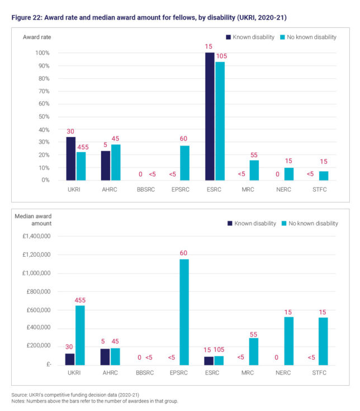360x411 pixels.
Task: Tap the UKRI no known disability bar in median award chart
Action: click(x=80, y=335)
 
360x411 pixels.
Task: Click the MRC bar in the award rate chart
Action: click(x=254, y=170)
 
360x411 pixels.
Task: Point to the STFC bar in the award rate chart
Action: click(x=324, y=176)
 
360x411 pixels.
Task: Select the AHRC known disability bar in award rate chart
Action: click(x=105, y=166)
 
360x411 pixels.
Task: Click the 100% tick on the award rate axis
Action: click(x=42, y=53)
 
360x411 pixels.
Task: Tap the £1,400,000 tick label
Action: click(x=35, y=237)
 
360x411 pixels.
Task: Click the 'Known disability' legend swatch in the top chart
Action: click(x=229, y=37)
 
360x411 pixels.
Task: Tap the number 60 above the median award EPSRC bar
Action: click(x=183, y=253)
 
